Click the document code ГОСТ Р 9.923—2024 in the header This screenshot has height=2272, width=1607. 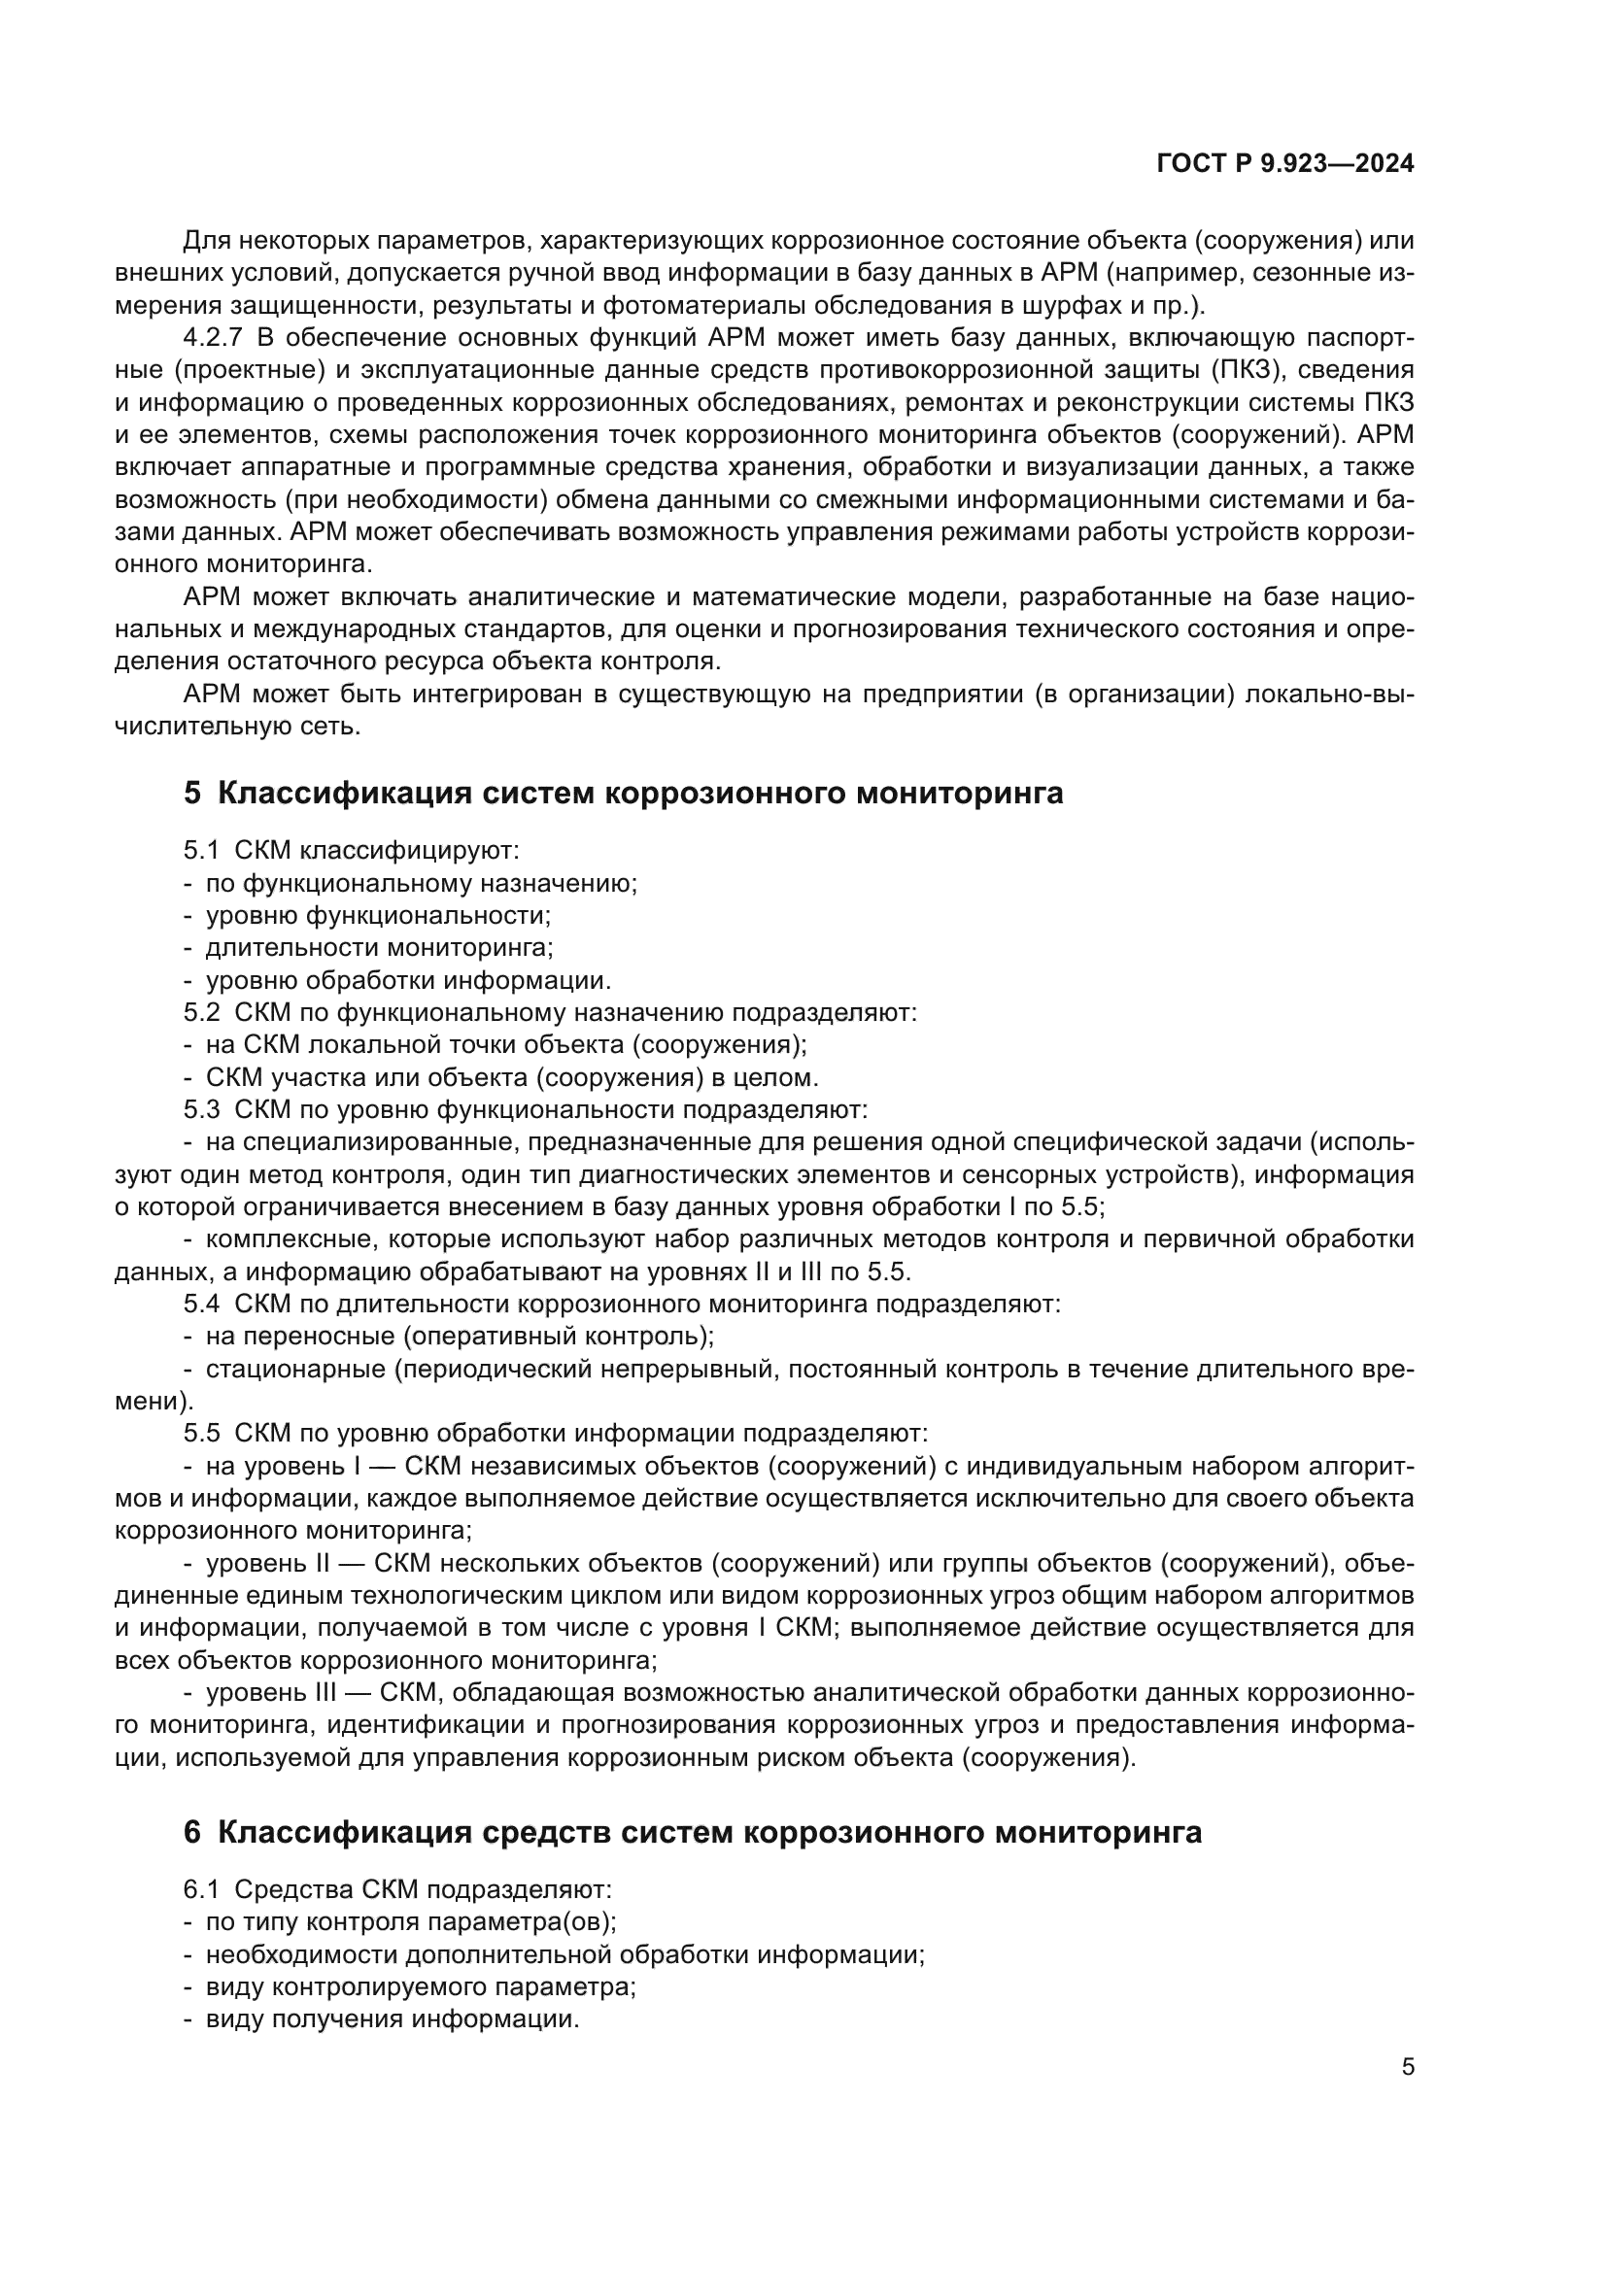[1284, 163]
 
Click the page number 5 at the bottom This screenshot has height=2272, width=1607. [1408, 2067]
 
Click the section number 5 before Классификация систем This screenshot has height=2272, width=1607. [192, 793]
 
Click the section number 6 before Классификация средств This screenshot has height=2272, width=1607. [192, 1832]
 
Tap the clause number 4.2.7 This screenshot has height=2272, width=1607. [212, 337]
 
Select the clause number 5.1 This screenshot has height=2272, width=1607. [201, 850]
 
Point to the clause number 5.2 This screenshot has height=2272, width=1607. [201, 1012]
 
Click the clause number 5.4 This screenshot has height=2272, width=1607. [201, 1305]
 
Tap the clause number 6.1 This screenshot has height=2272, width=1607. [201, 1889]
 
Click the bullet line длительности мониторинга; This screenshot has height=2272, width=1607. [379, 947]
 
